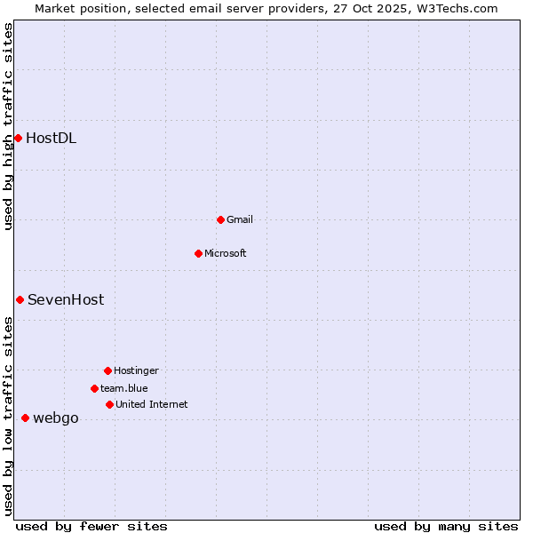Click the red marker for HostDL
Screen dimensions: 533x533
click(x=18, y=138)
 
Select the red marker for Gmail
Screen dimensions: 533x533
click(x=220, y=219)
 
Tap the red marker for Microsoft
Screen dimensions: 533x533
click(x=198, y=253)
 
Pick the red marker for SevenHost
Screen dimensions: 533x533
click(x=20, y=299)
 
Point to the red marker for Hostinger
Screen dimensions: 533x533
click(x=107, y=370)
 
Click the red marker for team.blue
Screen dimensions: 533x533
click(x=94, y=388)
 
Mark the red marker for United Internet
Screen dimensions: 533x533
click(x=109, y=404)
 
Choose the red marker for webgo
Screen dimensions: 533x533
click(x=25, y=418)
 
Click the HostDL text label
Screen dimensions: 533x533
click(x=51, y=138)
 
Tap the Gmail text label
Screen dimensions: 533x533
click(x=240, y=219)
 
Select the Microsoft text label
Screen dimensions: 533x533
click(x=226, y=253)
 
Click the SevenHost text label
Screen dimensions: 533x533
click(x=66, y=299)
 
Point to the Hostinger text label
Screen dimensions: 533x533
click(x=136, y=370)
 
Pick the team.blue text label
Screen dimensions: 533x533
click(x=124, y=388)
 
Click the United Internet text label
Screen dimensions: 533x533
click(x=152, y=404)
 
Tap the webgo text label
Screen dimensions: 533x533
click(x=56, y=418)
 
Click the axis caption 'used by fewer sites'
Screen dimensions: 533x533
click(x=91, y=526)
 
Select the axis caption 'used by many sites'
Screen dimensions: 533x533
click(x=446, y=526)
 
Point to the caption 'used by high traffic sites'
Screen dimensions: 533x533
click(x=8, y=126)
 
